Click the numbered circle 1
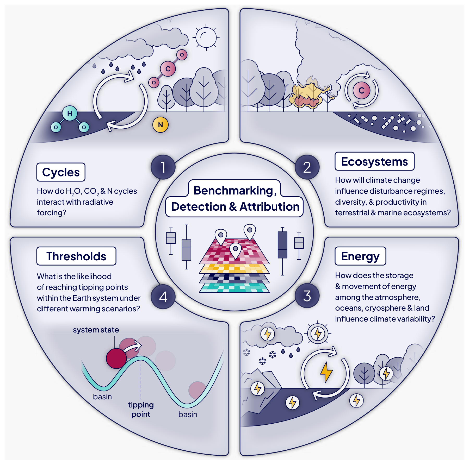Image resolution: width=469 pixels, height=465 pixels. pyautogui.click(x=163, y=167)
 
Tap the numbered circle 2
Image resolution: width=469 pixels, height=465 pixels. pyautogui.click(x=307, y=167)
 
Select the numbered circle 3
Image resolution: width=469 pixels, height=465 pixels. pyautogui.click(x=307, y=296)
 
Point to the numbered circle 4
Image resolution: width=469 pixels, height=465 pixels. pyautogui.click(x=163, y=297)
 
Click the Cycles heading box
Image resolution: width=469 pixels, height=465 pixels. pyautogui.click(x=61, y=172)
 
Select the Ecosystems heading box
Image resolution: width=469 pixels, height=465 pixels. pyautogui.click(x=374, y=161)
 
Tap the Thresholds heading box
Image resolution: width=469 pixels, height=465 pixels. pyautogui.click(x=76, y=256)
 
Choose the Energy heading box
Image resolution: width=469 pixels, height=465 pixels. pyautogui.click(x=360, y=256)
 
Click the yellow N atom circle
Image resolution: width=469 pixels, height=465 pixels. pyautogui.click(x=160, y=125)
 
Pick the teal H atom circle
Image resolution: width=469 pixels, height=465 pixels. pyautogui.click(x=70, y=113)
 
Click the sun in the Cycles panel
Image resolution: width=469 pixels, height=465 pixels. pyautogui.click(x=206, y=37)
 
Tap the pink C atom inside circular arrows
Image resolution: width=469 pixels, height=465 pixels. pyautogui.click(x=361, y=90)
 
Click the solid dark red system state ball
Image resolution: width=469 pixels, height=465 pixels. pyautogui.click(x=116, y=359)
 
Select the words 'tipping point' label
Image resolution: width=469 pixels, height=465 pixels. pyautogui.click(x=141, y=409)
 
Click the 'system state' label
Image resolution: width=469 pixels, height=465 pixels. pyautogui.click(x=96, y=330)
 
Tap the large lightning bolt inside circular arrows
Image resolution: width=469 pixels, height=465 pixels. pyautogui.click(x=326, y=372)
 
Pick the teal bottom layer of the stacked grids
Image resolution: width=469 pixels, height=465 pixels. pyautogui.click(x=234, y=288)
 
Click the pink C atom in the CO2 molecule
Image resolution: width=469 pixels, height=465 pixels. pyautogui.click(x=168, y=69)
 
